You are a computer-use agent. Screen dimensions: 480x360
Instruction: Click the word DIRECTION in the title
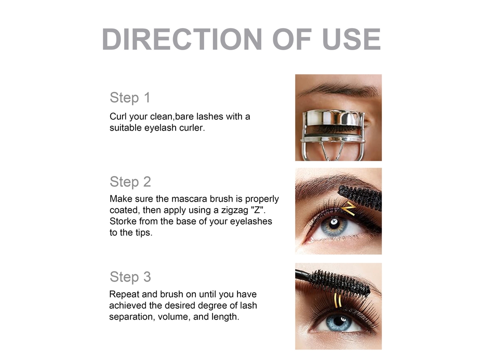pos(182,39)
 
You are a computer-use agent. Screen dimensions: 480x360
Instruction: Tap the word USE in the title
pos(352,39)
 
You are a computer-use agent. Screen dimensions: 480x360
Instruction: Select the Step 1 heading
pos(130,98)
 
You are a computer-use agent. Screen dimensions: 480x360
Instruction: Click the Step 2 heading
pos(131,182)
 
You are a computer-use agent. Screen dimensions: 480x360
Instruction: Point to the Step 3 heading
pos(131,277)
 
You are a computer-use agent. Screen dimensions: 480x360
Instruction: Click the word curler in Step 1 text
pos(192,128)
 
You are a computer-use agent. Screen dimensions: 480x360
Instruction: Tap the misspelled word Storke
pos(123,221)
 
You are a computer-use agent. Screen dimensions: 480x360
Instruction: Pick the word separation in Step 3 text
pos(132,317)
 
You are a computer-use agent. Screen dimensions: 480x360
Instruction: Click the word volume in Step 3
pos(173,317)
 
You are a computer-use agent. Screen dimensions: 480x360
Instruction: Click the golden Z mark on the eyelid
pos(348,208)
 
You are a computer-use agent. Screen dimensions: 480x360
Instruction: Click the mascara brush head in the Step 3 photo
pos(340,282)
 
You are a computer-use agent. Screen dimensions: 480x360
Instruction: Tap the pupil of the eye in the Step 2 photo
pos(333,223)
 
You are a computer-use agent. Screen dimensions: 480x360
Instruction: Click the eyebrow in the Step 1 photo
pos(338,89)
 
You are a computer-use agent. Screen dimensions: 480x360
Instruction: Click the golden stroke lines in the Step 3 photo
pos(337,300)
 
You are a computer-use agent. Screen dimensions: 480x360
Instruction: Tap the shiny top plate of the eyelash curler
pos(333,117)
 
